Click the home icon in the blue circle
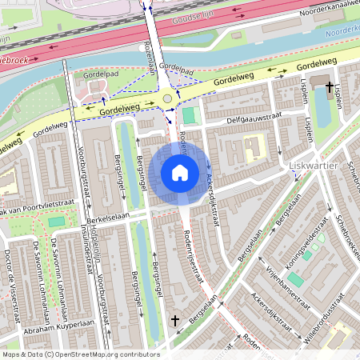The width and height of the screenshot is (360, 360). [180, 173]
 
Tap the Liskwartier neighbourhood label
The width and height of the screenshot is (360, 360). [313, 166]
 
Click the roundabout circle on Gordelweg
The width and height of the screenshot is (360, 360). [167, 98]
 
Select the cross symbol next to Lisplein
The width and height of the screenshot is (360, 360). [330, 85]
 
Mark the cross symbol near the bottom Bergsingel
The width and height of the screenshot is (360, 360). [175, 320]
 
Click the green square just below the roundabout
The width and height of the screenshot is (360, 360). [188, 115]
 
